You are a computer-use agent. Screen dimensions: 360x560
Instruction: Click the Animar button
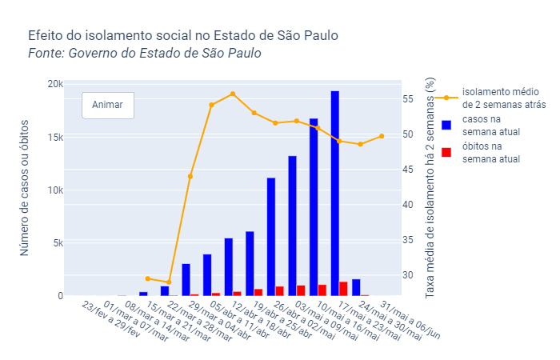click(x=108, y=105)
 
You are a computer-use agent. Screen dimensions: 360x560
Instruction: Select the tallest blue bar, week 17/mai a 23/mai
click(x=335, y=194)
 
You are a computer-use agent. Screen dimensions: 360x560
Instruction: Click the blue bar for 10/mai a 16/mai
click(x=314, y=207)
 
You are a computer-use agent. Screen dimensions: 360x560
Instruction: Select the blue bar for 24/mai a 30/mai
click(x=356, y=288)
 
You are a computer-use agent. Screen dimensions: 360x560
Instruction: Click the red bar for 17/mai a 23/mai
click(x=343, y=289)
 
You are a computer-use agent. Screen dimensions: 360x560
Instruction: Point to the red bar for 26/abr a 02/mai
click(x=280, y=291)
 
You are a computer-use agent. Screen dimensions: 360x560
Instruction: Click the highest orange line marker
click(x=233, y=94)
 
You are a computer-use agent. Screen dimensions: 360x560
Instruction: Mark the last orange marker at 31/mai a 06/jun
click(x=382, y=136)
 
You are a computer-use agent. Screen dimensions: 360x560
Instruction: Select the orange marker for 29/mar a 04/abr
click(x=190, y=176)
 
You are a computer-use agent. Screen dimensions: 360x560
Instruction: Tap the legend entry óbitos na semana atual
click(x=491, y=153)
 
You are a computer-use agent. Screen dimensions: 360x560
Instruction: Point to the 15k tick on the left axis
click(x=52, y=138)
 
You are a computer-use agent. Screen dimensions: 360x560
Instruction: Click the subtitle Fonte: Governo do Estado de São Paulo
click(x=145, y=54)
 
